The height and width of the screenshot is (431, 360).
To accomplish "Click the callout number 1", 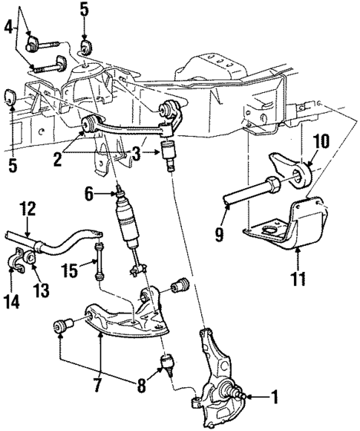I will coord(275,398).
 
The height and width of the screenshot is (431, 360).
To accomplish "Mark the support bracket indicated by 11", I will coord(297,223).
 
